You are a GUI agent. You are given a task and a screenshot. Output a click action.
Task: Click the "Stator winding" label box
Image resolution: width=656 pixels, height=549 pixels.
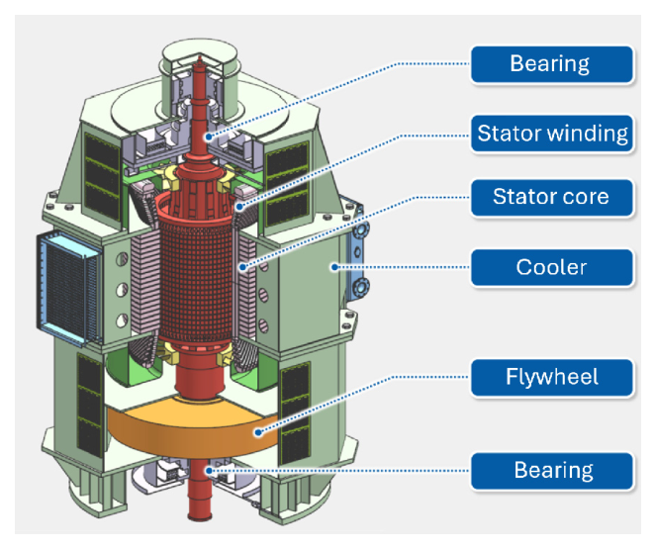551,134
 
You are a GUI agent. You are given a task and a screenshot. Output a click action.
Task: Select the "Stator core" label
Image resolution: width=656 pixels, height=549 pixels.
551,198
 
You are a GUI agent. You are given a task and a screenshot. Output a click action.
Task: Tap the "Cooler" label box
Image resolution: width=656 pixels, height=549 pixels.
551,268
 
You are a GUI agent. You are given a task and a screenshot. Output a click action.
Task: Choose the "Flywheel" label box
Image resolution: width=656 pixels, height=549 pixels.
551,377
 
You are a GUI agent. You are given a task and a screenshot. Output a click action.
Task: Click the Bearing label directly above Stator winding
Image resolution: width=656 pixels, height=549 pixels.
551,64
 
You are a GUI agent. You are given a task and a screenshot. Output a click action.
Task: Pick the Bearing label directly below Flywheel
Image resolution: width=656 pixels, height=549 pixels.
551,470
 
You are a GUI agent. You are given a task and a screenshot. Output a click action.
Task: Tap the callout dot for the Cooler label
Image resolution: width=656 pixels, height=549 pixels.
337,265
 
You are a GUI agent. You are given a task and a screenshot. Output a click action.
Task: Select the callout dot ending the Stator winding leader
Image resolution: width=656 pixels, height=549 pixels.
237,206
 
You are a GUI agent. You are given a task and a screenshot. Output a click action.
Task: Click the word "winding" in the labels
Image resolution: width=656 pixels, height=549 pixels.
588,134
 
